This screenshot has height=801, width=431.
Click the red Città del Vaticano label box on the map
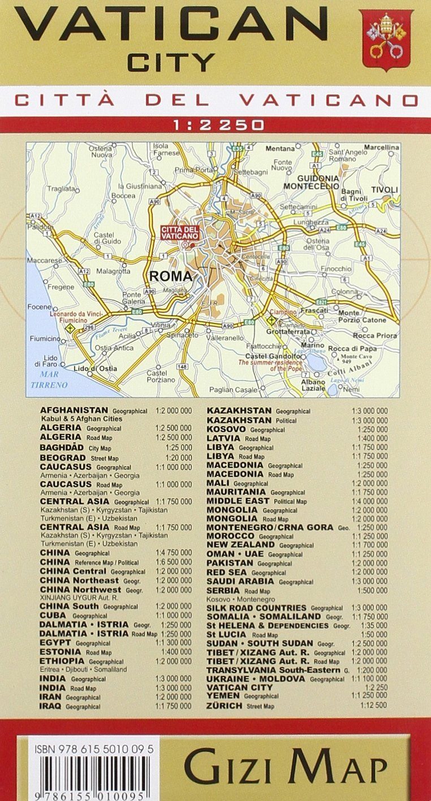coord(179,232)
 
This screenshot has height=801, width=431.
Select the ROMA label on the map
coord(170,276)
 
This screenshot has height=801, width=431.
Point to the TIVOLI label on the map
coord(385,189)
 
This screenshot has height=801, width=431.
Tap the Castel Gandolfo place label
coord(272,356)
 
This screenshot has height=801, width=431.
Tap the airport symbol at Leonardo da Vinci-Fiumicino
coord(70,327)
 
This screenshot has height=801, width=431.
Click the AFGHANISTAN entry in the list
coord(74,410)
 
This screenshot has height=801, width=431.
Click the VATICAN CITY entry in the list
coord(240,687)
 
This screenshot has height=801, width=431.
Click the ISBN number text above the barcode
coord(89,749)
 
